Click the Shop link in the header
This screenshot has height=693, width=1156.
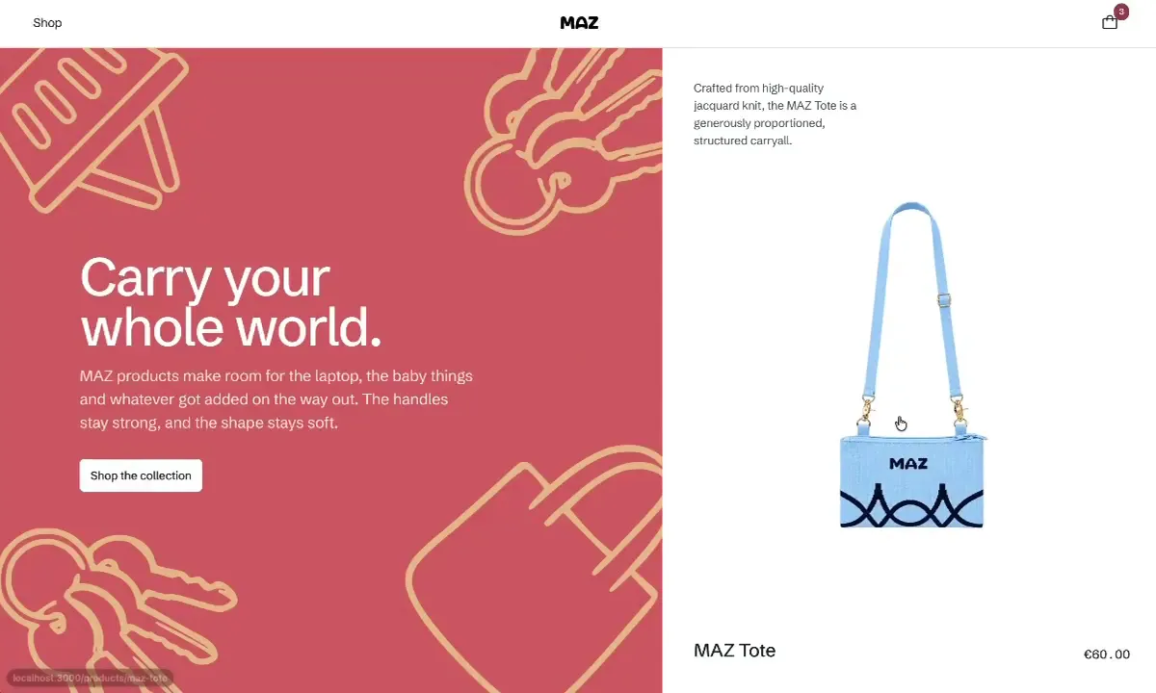coord(47,23)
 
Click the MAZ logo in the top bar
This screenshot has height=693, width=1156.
coord(579,23)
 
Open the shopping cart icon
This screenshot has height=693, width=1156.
coord(1110,22)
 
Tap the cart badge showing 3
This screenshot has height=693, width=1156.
coord(1121,12)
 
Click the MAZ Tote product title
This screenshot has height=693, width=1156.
coord(734,651)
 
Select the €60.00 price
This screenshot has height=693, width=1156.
coord(1107,654)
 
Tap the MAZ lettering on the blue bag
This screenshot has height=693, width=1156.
coord(908,464)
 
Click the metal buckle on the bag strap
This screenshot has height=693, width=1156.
coord(944,299)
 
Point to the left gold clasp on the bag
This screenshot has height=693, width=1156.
coord(866,410)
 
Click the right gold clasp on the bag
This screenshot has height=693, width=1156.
coord(959,410)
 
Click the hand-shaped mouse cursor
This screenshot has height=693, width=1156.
coord(901,423)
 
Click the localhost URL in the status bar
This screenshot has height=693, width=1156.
coord(91,678)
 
